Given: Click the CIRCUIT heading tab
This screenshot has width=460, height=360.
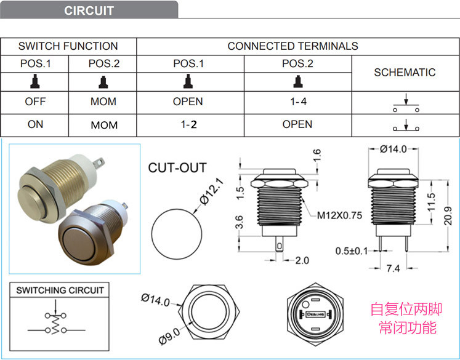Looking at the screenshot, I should (89, 10).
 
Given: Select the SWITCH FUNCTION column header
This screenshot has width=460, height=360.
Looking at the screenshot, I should (68, 46).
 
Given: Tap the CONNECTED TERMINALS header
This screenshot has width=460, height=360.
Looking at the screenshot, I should (293, 46).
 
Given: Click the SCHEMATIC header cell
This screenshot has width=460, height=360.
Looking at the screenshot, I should (405, 72).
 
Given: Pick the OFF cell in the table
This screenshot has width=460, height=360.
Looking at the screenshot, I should (35, 102).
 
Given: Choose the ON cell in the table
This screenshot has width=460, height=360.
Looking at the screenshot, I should (35, 124).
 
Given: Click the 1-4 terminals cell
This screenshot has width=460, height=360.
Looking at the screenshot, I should (298, 102).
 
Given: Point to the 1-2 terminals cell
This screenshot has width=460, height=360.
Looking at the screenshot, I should (188, 124).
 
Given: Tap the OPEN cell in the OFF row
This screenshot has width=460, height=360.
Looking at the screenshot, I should (188, 102).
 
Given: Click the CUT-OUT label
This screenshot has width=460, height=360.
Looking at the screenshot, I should (177, 167).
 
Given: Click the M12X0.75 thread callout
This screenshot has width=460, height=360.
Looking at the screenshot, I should (339, 215).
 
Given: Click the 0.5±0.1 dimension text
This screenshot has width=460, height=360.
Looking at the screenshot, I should (352, 250).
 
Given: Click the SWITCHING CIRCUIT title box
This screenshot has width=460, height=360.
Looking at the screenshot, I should (60, 290).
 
